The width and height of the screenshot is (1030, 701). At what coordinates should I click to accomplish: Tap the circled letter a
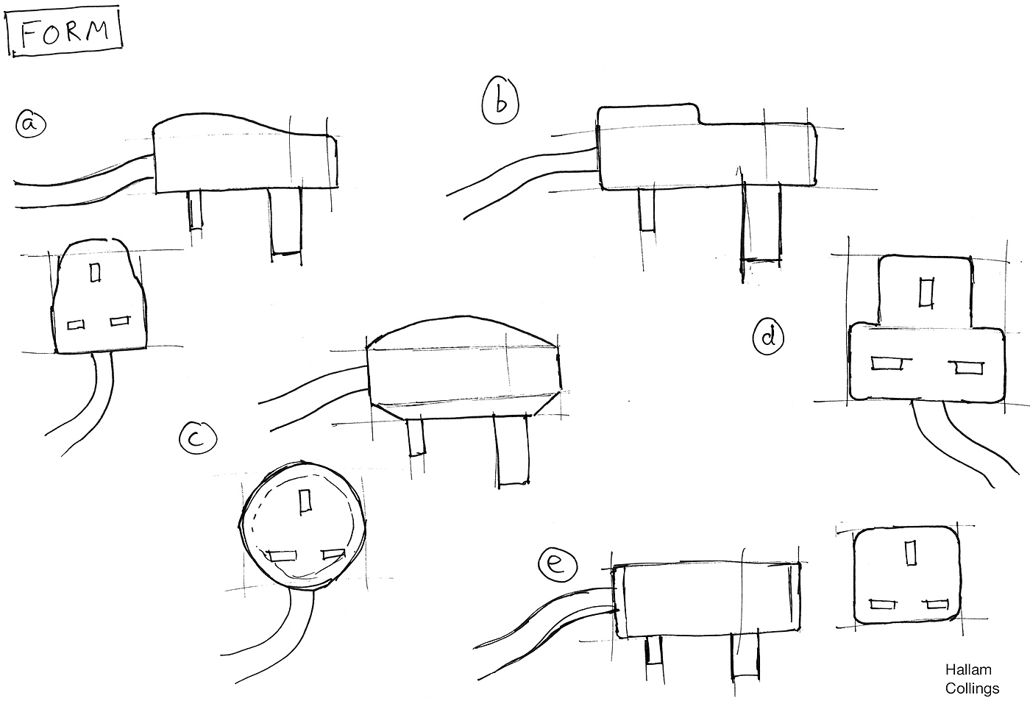click(x=31, y=124)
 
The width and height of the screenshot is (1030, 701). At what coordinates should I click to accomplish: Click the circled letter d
click(x=768, y=337)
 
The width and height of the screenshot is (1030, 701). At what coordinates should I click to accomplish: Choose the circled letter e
click(x=557, y=564)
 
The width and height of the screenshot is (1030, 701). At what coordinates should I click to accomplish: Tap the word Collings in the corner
click(x=972, y=688)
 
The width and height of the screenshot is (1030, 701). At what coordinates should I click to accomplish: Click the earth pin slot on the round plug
click(x=305, y=501)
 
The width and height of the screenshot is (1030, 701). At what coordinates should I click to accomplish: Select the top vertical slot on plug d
click(x=926, y=292)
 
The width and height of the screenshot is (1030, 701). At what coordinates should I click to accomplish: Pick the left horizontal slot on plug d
click(x=887, y=363)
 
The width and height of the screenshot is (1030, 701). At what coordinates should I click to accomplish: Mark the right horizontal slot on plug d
click(x=969, y=367)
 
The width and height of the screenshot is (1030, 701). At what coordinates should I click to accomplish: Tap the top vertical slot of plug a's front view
click(x=95, y=271)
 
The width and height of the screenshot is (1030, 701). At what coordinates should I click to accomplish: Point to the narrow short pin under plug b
click(x=648, y=210)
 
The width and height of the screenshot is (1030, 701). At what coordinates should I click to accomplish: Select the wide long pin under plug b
click(x=761, y=221)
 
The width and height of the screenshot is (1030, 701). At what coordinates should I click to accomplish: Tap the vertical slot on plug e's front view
click(x=911, y=552)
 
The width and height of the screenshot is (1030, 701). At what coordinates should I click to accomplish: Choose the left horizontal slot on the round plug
click(x=283, y=556)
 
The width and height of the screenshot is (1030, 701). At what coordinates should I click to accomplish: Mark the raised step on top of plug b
click(x=649, y=114)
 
